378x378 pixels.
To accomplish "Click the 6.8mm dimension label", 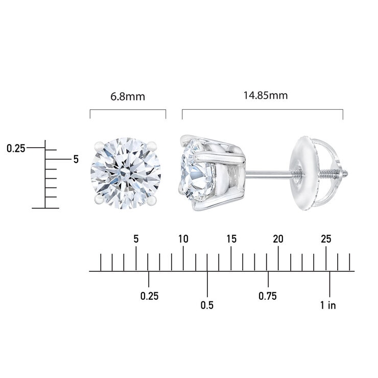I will click(128, 96).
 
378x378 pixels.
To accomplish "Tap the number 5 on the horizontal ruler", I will click(136, 239).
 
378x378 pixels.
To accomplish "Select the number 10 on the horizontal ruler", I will click(183, 239).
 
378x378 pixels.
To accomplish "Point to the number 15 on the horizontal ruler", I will click(231, 239).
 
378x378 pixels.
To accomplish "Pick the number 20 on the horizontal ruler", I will click(278, 239).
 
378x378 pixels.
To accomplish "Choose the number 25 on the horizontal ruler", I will click(326, 239).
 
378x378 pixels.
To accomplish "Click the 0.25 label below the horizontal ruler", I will click(150, 296).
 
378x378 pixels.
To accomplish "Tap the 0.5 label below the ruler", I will click(207, 305).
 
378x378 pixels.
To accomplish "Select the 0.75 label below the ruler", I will click(268, 296).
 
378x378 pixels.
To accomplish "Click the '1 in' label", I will click(328, 305).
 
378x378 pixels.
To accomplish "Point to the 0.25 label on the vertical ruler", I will click(16, 149).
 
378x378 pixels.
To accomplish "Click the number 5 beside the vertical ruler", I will click(76, 159).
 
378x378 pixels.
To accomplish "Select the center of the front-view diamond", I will click(128, 171).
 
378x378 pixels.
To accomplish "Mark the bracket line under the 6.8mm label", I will click(128, 110).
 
